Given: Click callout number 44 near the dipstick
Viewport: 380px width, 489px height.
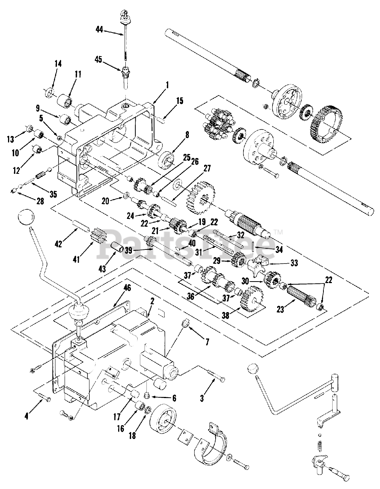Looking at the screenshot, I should click(x=99, y=29).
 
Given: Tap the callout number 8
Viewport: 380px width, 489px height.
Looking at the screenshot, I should click(x=187, y=134).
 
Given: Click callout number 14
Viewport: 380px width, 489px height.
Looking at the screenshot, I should click(x=58, y=64).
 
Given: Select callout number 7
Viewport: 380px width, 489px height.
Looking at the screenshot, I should click(x=206, y=342).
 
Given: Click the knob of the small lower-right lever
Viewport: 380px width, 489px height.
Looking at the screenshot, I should click(x=253, y=369).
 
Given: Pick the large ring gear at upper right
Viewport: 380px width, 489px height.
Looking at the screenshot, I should click(x=325, y=122).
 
